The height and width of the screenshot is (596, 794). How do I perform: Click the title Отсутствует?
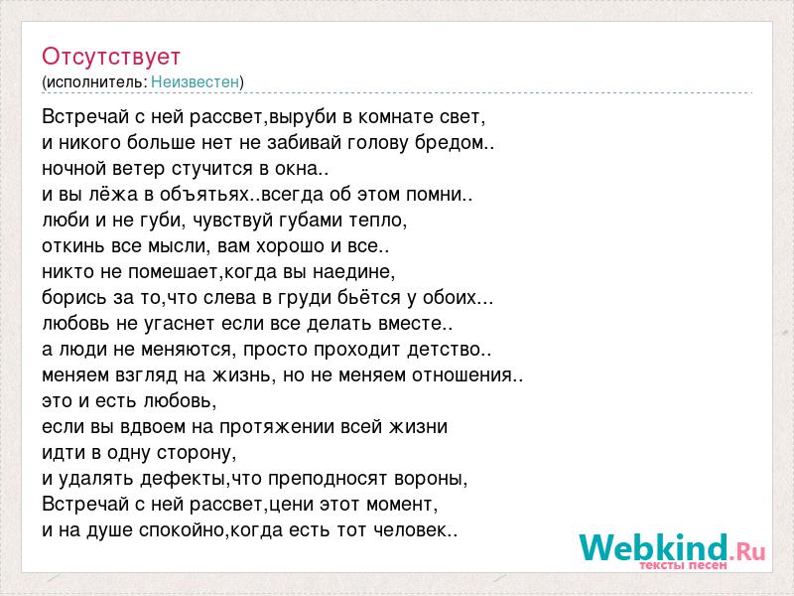(111, 57)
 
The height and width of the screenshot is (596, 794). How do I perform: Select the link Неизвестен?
(195, 81)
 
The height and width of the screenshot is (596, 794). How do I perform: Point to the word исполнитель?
(96, 82)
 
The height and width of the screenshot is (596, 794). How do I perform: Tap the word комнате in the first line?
(396, 117)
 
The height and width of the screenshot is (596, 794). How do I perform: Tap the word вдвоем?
(153, 427)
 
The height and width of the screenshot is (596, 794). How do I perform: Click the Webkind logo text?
(673, 548)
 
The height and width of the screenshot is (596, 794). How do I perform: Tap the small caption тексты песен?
(683, 564)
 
